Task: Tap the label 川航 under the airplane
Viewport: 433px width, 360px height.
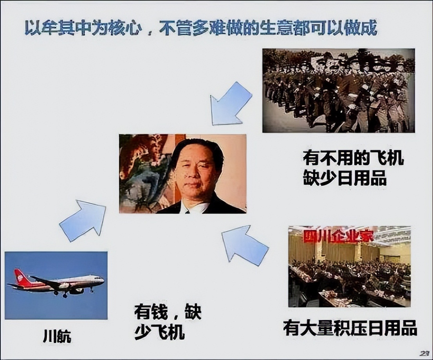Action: (57, 337)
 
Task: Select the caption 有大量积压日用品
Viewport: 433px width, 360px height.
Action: (350, 328)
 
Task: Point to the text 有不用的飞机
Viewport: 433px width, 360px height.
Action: (353, 158)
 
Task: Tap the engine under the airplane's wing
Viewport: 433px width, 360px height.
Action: (76, 291)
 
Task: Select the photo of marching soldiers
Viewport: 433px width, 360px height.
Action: (338, 90)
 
